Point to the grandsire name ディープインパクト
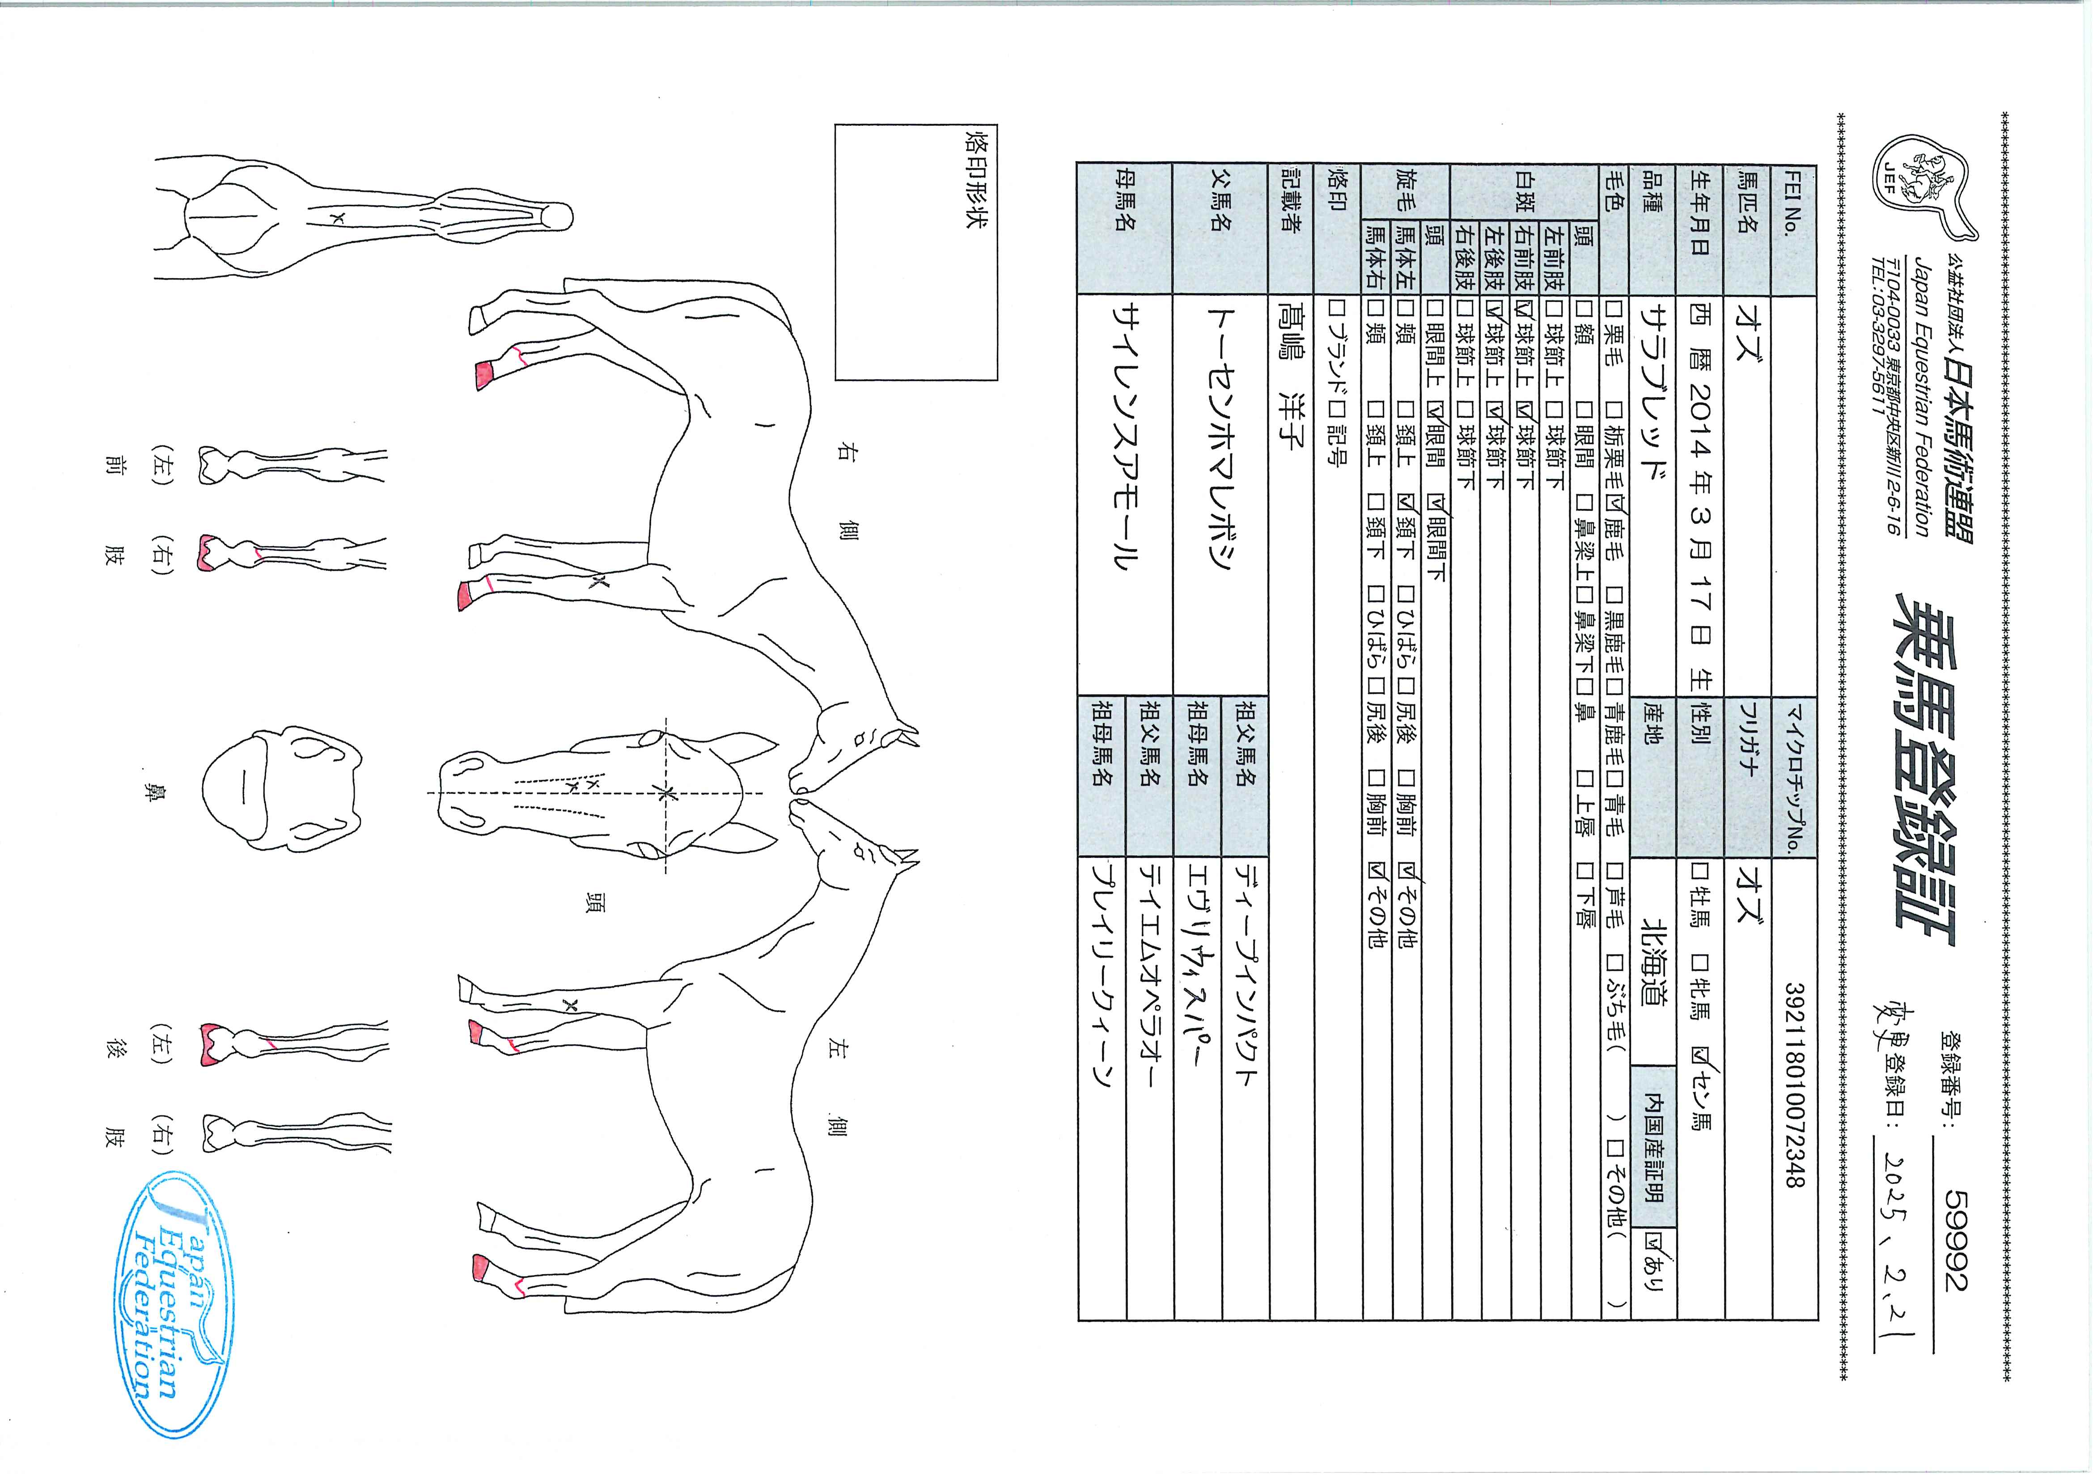[x=1244, y=978]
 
